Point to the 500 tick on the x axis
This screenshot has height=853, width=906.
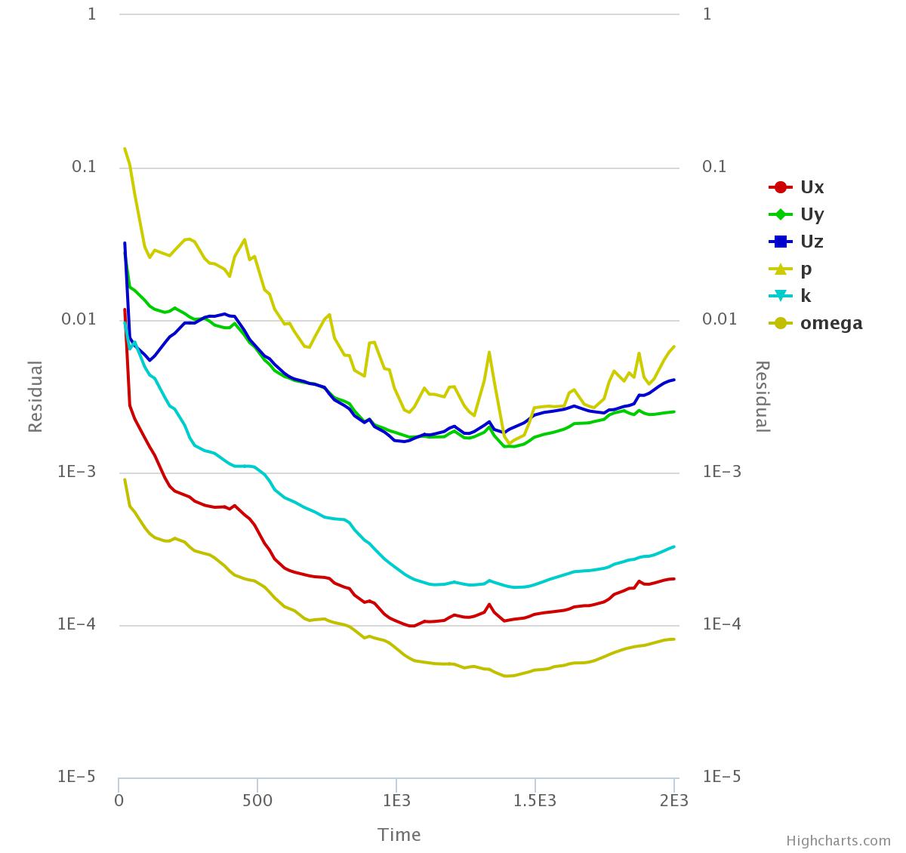click(257, 800)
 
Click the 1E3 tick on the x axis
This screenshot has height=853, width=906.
click(396, 800)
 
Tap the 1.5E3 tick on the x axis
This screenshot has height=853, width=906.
click(535, 800)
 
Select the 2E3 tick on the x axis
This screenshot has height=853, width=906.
click(673, 800)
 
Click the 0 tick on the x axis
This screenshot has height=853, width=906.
click(119, 800)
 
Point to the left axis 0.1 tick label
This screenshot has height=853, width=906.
click(84, 166)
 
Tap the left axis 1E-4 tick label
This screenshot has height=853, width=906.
click(77, 624)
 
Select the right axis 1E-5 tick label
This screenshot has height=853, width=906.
click(722, 776)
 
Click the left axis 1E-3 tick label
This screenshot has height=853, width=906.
click(77, 471)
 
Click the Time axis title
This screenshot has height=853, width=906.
click(399, 834)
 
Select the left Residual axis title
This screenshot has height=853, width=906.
click(35, 396)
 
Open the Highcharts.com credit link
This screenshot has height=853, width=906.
click(838, 841)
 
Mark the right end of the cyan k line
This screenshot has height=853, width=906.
click(673, 547)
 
